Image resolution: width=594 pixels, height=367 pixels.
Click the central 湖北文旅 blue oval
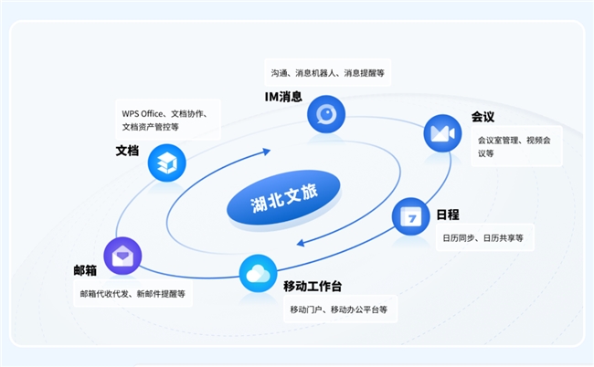click(x=283, y=200)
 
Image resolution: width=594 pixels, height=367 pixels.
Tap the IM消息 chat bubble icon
click(x=326, y=114)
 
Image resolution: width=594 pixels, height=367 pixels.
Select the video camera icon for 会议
click(x=442, y=133)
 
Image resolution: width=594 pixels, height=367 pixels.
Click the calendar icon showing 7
click(x=410, y=216)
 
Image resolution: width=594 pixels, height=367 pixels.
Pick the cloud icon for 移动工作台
click(x=258, y=274)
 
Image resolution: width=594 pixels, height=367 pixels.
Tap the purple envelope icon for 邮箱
click(x=122, y=257)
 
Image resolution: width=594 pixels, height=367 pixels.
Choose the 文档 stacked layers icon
click(x=166, y=163)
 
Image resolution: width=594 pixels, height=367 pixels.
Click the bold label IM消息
click(x=283, y=97)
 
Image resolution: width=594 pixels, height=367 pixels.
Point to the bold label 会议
click(x=483, y=117)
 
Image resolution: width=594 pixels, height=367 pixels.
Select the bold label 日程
click(x=448, y=215)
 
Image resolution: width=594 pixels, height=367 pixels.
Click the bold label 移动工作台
click(x=313, y=286)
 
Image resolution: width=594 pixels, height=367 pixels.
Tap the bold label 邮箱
click(x=85, y=270)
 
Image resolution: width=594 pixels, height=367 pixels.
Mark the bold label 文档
click(x=127, y=151)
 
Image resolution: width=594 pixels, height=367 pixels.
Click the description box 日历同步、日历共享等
click(x=485, y=237)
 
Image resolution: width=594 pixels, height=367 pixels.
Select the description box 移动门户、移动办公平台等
click(x=341, y=309)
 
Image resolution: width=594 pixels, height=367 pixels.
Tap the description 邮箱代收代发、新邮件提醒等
click(x=133, y=294)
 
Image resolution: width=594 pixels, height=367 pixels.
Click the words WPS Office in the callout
click(x=142, y=113)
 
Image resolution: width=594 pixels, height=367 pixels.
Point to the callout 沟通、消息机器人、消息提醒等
click(x=328, y=73)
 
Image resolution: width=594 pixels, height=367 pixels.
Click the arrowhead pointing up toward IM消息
click(x=267, y=152)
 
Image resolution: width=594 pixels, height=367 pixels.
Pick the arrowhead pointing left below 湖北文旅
click(x=301, y=243)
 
